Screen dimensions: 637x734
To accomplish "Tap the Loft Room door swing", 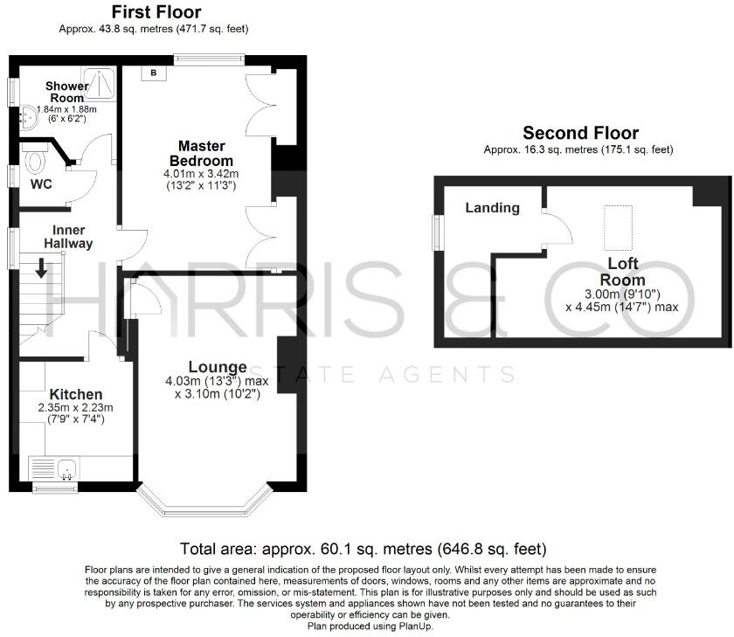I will [557, 228].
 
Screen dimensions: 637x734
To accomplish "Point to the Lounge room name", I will [218, 366].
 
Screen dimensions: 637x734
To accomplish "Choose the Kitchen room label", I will [76, 394].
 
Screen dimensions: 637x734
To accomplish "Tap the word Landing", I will [492, 208].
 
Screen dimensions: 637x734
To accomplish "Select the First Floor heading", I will [156, 12].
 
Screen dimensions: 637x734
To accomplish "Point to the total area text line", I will [363, 549].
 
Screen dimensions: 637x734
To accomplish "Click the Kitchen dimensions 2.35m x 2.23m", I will [75, 408].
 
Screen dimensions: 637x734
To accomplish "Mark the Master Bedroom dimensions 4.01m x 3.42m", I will [202, 174].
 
